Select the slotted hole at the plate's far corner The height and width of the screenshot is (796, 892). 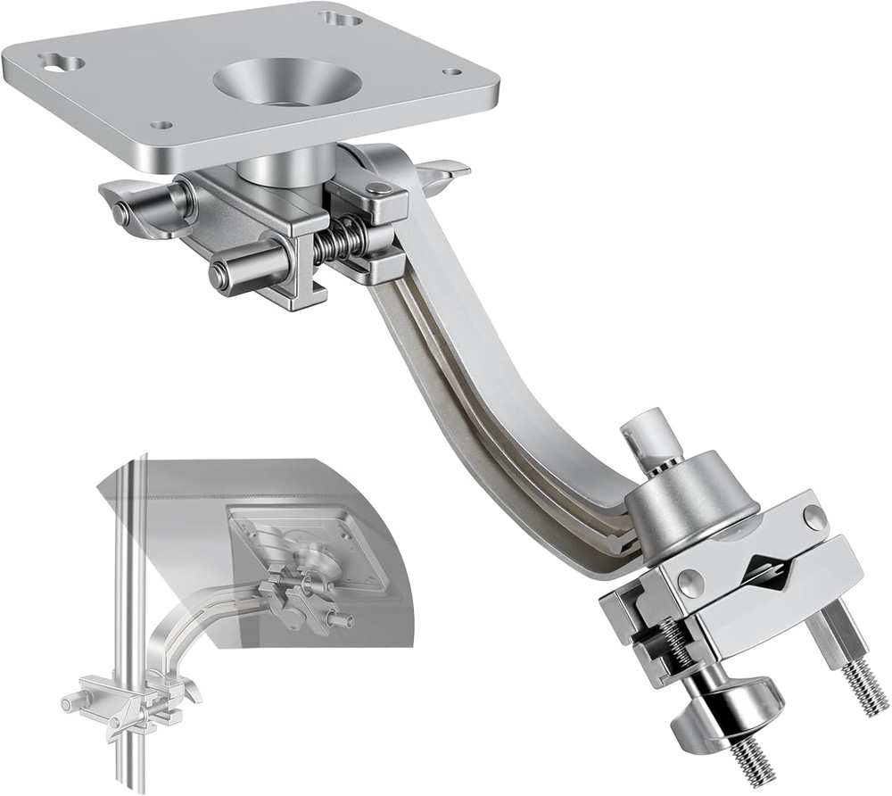click(341, 17)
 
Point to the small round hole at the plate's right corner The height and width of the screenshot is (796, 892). click(452, 71)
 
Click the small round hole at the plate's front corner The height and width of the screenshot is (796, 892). click(161, 125)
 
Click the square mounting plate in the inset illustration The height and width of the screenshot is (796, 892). click(308, 544)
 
